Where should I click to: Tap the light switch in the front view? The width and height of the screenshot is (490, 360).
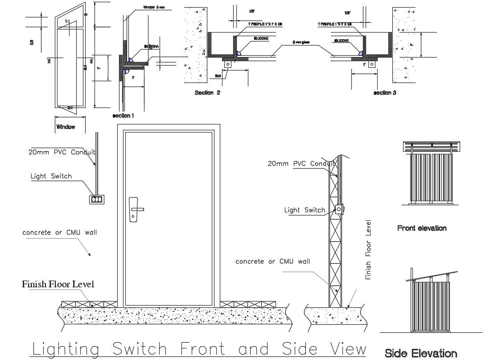click(97, 200)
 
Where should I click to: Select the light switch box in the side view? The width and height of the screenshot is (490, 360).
click(339, 209)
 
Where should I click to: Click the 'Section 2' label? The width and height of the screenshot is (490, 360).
click(207, 93)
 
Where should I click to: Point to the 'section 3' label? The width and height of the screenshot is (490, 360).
click(385, 93)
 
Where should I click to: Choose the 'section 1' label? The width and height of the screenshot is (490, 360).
click(123, 116)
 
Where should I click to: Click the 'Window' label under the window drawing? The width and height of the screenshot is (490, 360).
click(66, 127)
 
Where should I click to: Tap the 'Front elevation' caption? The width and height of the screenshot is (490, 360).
click(421, 228)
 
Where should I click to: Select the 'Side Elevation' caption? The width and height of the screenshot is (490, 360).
click(420, 354)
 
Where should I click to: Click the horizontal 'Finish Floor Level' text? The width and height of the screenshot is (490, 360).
click(58, 284)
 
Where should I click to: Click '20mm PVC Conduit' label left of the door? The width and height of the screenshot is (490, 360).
click(62, 152)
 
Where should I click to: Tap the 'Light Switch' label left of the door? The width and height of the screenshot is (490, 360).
click(51, 176)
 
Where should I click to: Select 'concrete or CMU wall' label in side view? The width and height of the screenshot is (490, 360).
click(272, 261)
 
